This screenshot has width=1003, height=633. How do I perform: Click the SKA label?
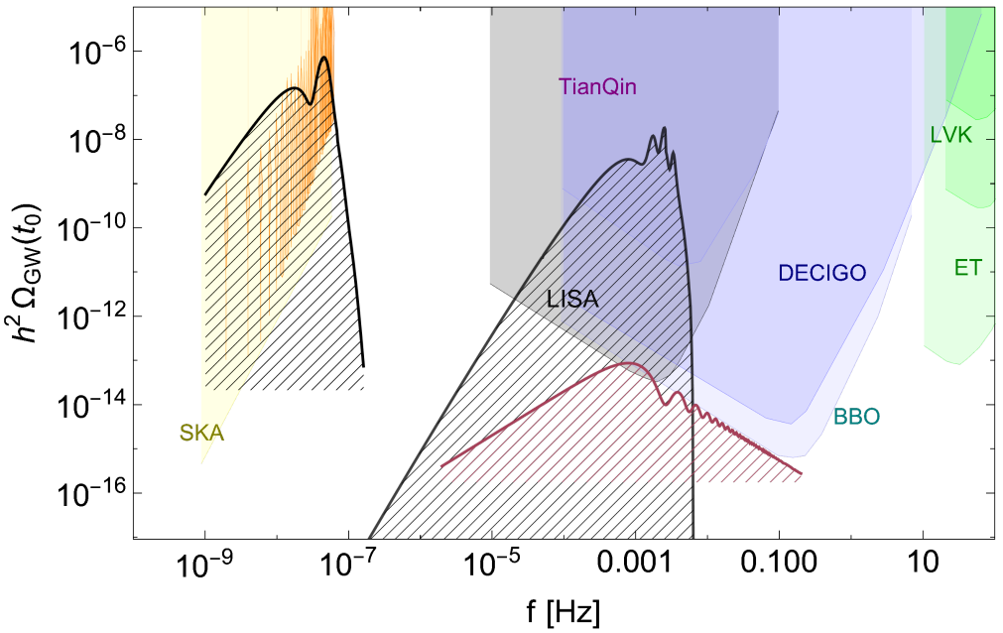pos(201,433)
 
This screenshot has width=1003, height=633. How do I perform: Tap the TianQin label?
pos(598,87)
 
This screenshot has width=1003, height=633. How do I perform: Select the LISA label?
pos(573,299)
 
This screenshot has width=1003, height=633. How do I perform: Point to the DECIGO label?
pos(822,273)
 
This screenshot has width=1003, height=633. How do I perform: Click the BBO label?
pos(856,417)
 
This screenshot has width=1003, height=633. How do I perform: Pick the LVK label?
pos(951,136)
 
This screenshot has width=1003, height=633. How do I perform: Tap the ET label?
pos(967,268)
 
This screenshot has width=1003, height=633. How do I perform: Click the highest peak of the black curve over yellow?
pos(324,59)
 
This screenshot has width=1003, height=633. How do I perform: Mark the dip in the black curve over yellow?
pos(311,102)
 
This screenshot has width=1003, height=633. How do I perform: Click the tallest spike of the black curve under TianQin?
pos(664,128)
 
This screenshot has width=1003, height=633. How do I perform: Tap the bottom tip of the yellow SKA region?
pos(202,462)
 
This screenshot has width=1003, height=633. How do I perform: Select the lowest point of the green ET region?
pos(957,363)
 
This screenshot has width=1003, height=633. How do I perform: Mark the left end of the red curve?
pos(441,464)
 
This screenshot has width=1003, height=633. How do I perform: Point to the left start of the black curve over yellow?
pos(205,194)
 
